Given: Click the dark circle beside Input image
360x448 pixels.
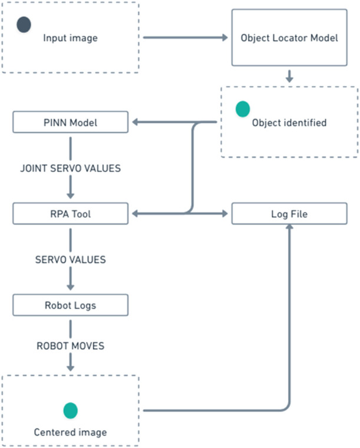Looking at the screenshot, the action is pos(24,25).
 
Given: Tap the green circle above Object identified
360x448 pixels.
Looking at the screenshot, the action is pos(243,109).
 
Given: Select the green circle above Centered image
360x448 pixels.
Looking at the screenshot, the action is pos(70,410).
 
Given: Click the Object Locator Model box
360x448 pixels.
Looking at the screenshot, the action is pos(289,38).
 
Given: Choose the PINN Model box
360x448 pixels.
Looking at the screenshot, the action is pos(70,122).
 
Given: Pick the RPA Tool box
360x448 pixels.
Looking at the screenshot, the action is pos(70,214).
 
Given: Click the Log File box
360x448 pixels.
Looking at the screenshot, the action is pos(289,214).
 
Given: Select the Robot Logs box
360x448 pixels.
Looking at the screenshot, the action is pos(70,305).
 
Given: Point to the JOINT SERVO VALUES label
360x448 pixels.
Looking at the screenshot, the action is pos(70,168).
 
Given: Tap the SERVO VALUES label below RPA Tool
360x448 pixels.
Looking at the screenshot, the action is pos(70,260).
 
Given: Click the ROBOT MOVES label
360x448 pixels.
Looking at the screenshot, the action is pos(70,346).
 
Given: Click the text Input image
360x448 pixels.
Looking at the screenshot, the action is pos(70,38).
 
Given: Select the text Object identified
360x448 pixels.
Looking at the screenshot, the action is pos(289,123).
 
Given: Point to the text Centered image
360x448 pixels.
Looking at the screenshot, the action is pos(70,432).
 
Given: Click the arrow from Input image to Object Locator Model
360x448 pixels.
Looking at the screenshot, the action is pos(185,38).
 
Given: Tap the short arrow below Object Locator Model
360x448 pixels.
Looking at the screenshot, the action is pos(289,76).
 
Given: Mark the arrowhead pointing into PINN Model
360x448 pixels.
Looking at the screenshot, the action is pos(135,122).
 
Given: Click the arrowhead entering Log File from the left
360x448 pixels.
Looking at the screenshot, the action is pos(224,214).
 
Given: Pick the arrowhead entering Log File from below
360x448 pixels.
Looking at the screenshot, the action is pos(289,227).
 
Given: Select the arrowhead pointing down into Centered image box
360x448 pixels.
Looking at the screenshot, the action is pos(70,368).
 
